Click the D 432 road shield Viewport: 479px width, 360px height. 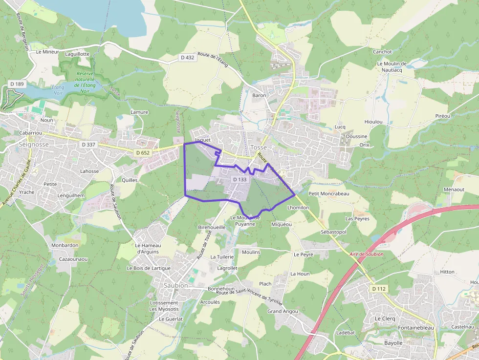coord(187,58)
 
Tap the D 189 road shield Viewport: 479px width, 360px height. coord(17,84)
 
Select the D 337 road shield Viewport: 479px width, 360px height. coord(88,145)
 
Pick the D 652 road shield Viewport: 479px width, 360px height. coord(143,153)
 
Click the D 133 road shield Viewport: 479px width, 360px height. coord(239,180)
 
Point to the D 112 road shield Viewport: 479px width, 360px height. coord(379,289)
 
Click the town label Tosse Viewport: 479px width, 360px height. coord(259,147)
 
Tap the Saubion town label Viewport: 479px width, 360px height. coord(175,285)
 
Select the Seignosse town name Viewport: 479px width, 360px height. coord(33,145)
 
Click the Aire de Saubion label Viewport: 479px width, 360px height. coord(367,254)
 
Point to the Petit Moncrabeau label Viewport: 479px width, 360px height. coord(329,193)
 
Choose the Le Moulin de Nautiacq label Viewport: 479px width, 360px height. coord(392,67)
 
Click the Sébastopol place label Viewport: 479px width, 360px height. coord(333,232)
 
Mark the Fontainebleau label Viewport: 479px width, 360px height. coord(416,328)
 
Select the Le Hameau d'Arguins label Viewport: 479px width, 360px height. coord(147,248)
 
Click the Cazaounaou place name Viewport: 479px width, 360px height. coord(73,259)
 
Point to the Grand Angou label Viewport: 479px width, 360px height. coord(283,311)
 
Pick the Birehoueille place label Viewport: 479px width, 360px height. coord(212,227)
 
